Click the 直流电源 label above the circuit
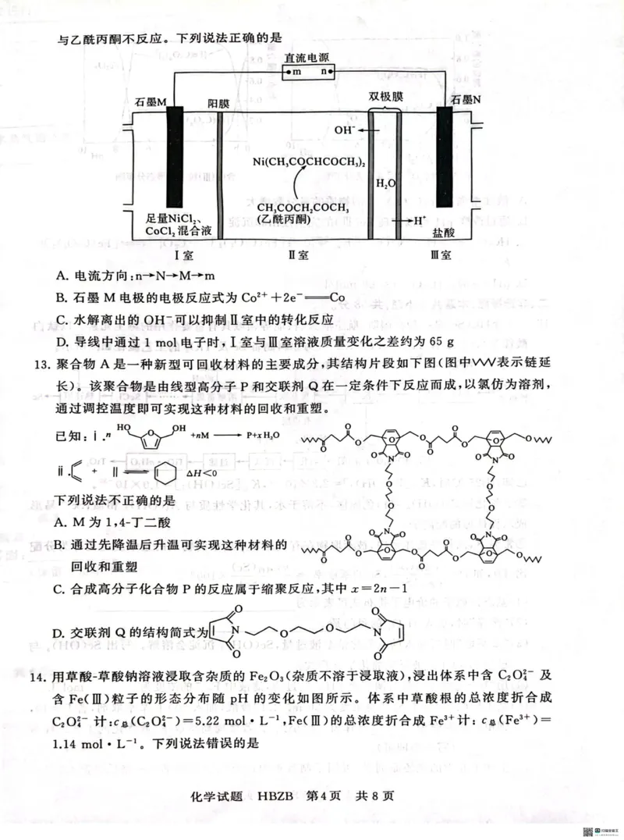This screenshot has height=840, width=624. (307, 58)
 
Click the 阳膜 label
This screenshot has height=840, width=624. (218, 104)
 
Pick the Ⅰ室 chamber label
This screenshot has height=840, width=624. (183, 254)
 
